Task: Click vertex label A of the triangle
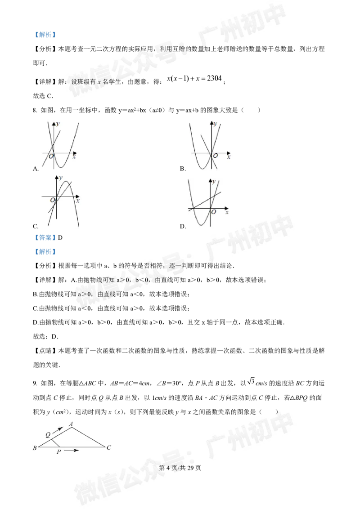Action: (x=72, y=424)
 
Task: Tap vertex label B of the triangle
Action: (x=35, y=448)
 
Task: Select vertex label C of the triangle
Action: (x=109, y=448)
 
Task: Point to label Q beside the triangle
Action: (x=48, y=434)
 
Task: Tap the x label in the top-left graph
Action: (x=74, y=156)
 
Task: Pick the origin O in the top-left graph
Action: (x=51, y=156)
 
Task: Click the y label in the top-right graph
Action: (x=215, y=123)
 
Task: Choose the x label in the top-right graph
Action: (x=229, y=156)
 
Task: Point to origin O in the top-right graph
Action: (x=216, y=156)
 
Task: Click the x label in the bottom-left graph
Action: (x=77, y=201)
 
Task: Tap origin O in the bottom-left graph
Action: (x=53, y=200)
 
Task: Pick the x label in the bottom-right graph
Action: (x=227, y=211)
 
